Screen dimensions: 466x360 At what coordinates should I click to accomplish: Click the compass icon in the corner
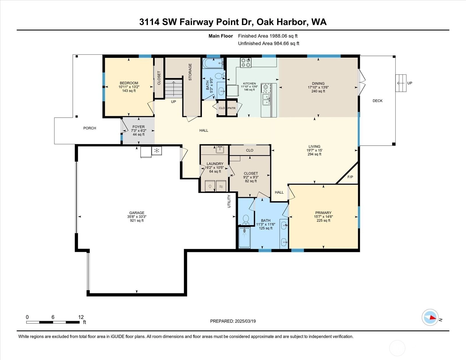(430, 317)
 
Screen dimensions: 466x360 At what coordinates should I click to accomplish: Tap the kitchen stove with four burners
(246, 63)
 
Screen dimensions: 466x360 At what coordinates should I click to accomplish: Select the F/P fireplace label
(350, 177)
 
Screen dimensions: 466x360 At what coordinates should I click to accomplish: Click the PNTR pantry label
(231, 108)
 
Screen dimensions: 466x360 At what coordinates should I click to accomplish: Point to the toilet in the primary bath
(246, 220)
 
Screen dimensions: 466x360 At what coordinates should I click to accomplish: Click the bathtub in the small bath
(213, 63)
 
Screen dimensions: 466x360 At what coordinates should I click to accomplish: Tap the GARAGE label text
(137, 213)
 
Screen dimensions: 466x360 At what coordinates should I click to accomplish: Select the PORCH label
(90, 128)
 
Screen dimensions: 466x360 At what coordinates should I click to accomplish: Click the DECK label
(377, 101)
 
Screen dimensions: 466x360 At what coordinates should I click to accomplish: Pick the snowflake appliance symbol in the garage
(157, 151)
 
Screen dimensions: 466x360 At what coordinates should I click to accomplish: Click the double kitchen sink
(266, 100)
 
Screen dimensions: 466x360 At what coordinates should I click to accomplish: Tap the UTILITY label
(229, 201)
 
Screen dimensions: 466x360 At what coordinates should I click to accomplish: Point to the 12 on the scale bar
(81, 317)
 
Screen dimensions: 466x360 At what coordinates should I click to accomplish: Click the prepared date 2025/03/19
(245, 321)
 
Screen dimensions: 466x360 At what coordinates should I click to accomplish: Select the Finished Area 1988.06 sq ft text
(268, 36)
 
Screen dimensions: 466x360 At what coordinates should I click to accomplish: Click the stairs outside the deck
(401, 83)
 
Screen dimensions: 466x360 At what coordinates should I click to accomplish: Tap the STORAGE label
(190, 72)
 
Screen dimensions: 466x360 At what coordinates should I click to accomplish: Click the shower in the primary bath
(244, 238)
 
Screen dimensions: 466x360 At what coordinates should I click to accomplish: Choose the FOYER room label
(139, 127)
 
